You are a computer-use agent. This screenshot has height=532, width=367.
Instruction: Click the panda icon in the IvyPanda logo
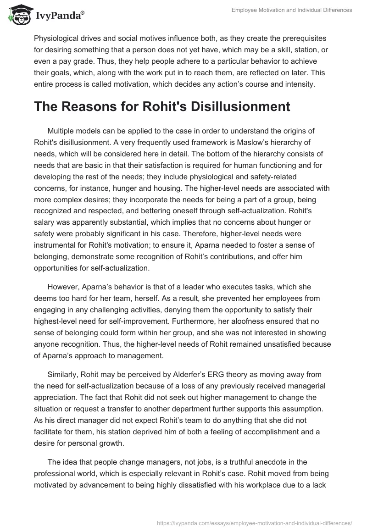[17, 15]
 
